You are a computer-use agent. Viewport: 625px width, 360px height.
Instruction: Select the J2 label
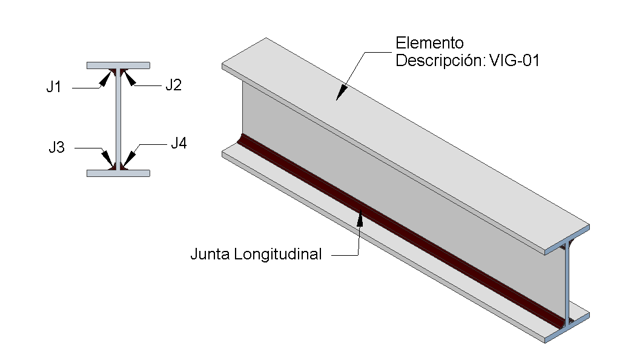173,85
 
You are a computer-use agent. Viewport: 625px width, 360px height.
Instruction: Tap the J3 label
56,147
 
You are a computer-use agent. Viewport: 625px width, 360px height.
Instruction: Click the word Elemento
429,43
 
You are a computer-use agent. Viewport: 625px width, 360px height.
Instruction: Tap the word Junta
210,254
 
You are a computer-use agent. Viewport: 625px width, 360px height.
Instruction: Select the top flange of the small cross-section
118,64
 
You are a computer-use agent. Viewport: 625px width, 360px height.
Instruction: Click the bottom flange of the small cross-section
118,173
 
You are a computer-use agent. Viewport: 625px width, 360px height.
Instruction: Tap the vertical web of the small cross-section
118,119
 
